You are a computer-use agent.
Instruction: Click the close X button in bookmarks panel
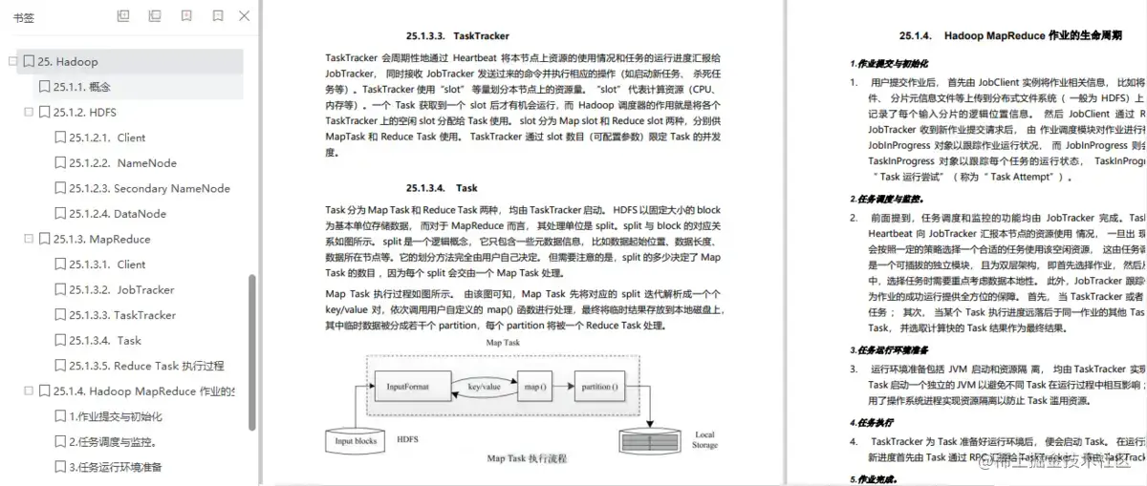[x=245, y=16]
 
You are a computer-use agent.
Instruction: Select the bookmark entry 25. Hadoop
[x=68, y=62]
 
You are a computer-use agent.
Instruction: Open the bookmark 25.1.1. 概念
[x=83, y=87]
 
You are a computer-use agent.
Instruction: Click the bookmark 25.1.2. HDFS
[x=84, y=113]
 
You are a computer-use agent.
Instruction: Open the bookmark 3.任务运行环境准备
[x=116, y=468]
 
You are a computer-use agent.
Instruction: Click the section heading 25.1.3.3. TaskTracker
[x=458, y=36]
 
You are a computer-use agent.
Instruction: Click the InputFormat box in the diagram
[x=408, y=388]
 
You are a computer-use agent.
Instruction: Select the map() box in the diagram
[x=535, y=388]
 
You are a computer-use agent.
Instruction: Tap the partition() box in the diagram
[x=599, y=388]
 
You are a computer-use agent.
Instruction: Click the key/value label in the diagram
[x=484, y=387]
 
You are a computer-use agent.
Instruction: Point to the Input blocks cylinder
[x=356, y=440]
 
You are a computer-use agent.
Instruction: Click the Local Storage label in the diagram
[x=704, y=440]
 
